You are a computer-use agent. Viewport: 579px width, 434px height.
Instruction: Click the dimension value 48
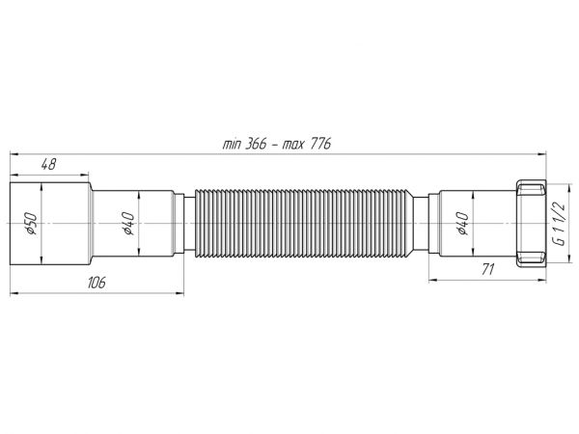(48, 164)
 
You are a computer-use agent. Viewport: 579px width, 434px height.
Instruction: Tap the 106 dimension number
(96, 283)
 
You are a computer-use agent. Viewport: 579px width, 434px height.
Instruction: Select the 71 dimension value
(487, 270)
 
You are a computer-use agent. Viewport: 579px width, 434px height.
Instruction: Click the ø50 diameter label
(31, 224)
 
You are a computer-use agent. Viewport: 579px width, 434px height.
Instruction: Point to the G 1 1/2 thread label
(560, 224)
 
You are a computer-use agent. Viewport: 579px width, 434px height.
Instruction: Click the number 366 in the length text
(255, 144)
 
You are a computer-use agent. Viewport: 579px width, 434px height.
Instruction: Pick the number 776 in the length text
(319, 144)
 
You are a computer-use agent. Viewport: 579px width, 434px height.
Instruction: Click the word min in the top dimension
(232, 145)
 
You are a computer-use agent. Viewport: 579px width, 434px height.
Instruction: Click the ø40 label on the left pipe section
(128, 224)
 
